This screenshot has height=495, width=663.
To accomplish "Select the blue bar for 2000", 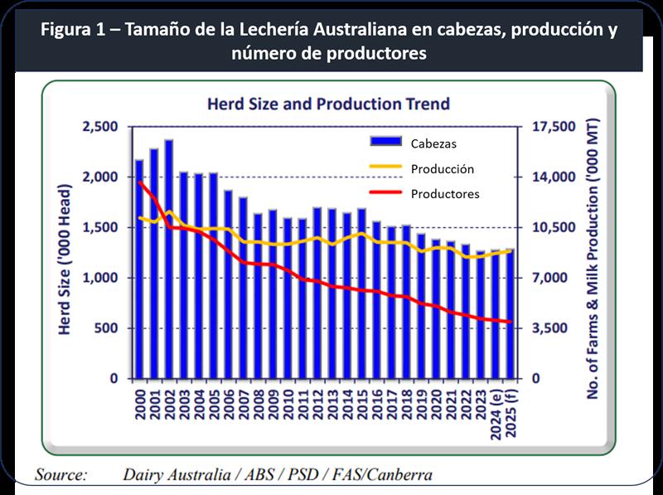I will click(x=139, y=269).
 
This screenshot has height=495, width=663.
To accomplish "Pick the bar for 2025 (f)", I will click(x=509, y=313).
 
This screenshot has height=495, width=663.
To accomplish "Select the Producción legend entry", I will click(x=442, y=168).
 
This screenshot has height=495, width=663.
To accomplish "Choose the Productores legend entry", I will click(x=444, y=194).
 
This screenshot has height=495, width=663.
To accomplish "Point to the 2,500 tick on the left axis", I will click(x=102, y=127).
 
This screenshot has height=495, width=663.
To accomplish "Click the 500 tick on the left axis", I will click(x=110, y=328).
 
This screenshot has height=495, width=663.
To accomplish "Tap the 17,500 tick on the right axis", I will click(x=551, y=127).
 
